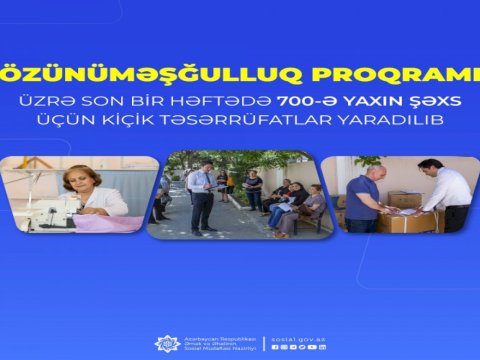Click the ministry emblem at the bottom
click(167, 343)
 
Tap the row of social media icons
click(299, 347)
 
